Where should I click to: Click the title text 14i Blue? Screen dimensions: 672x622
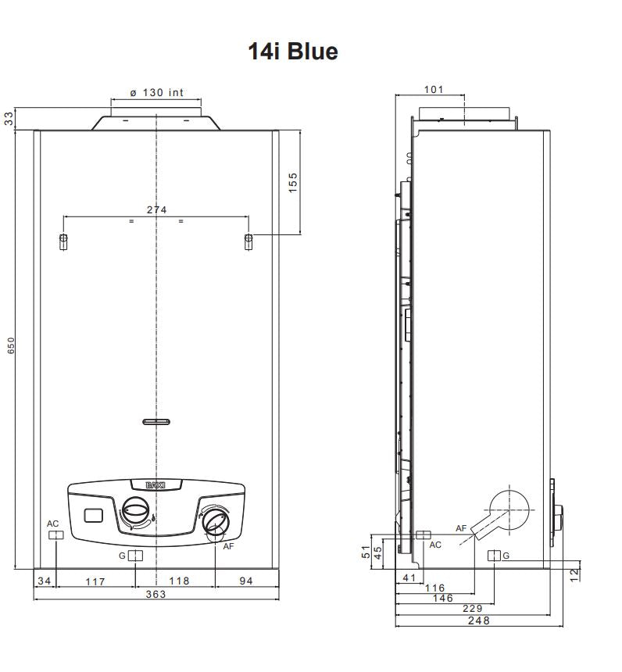click(293, 52)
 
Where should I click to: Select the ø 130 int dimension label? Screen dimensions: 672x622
click(156, 93)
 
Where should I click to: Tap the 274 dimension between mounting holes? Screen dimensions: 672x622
click(156, 209)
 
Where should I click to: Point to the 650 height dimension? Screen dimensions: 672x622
click(11, 345)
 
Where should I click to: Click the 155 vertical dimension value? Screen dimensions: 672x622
click(293, 182)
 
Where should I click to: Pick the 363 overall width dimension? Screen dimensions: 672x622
click(156, 595)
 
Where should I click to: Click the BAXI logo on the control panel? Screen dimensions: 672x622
click(156, 485)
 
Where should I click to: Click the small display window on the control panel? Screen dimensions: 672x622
click(95, 516)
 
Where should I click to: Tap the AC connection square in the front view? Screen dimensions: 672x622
click(55, 535)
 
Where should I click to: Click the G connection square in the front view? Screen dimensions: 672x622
click(135, 556)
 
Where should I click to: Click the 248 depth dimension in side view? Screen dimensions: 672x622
click(477, 620)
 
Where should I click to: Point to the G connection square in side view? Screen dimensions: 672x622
click(494, 556)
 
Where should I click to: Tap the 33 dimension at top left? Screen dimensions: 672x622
click(9, 118)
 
